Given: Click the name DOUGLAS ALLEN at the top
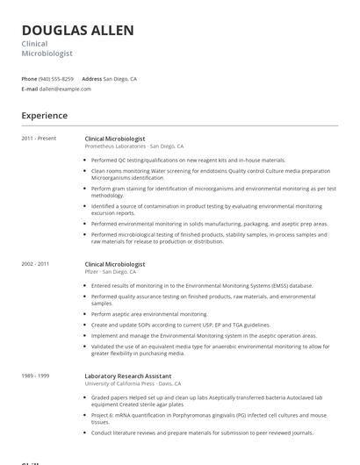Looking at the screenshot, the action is (x=78, y=31).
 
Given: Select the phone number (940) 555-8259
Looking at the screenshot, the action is (x=57, y=79).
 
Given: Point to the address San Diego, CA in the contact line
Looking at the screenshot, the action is (x=120, y=79).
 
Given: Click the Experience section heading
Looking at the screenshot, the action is (x=45, y=116).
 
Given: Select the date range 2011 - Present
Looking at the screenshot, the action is (x=39, y=139).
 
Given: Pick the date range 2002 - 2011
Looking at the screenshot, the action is (x=36, y=264).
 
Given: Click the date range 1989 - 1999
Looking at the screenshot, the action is (x=36, y=376).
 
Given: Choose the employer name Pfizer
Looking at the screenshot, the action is (x=91, y=272).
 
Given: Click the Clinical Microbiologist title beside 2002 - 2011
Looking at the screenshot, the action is (x=115, y=264).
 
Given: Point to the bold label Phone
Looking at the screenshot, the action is (x=29, y=79).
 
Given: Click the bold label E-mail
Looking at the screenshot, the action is (x=30, y=89).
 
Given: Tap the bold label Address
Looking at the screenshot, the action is (x=92, y=79).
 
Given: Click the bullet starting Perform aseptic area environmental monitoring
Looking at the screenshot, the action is (x=149, y=314).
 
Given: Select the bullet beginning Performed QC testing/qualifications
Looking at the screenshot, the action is (x=188, y=161).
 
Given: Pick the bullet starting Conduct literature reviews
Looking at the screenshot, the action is (x=202, y=433).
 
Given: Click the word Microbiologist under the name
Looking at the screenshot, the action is (x=47, y=54).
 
